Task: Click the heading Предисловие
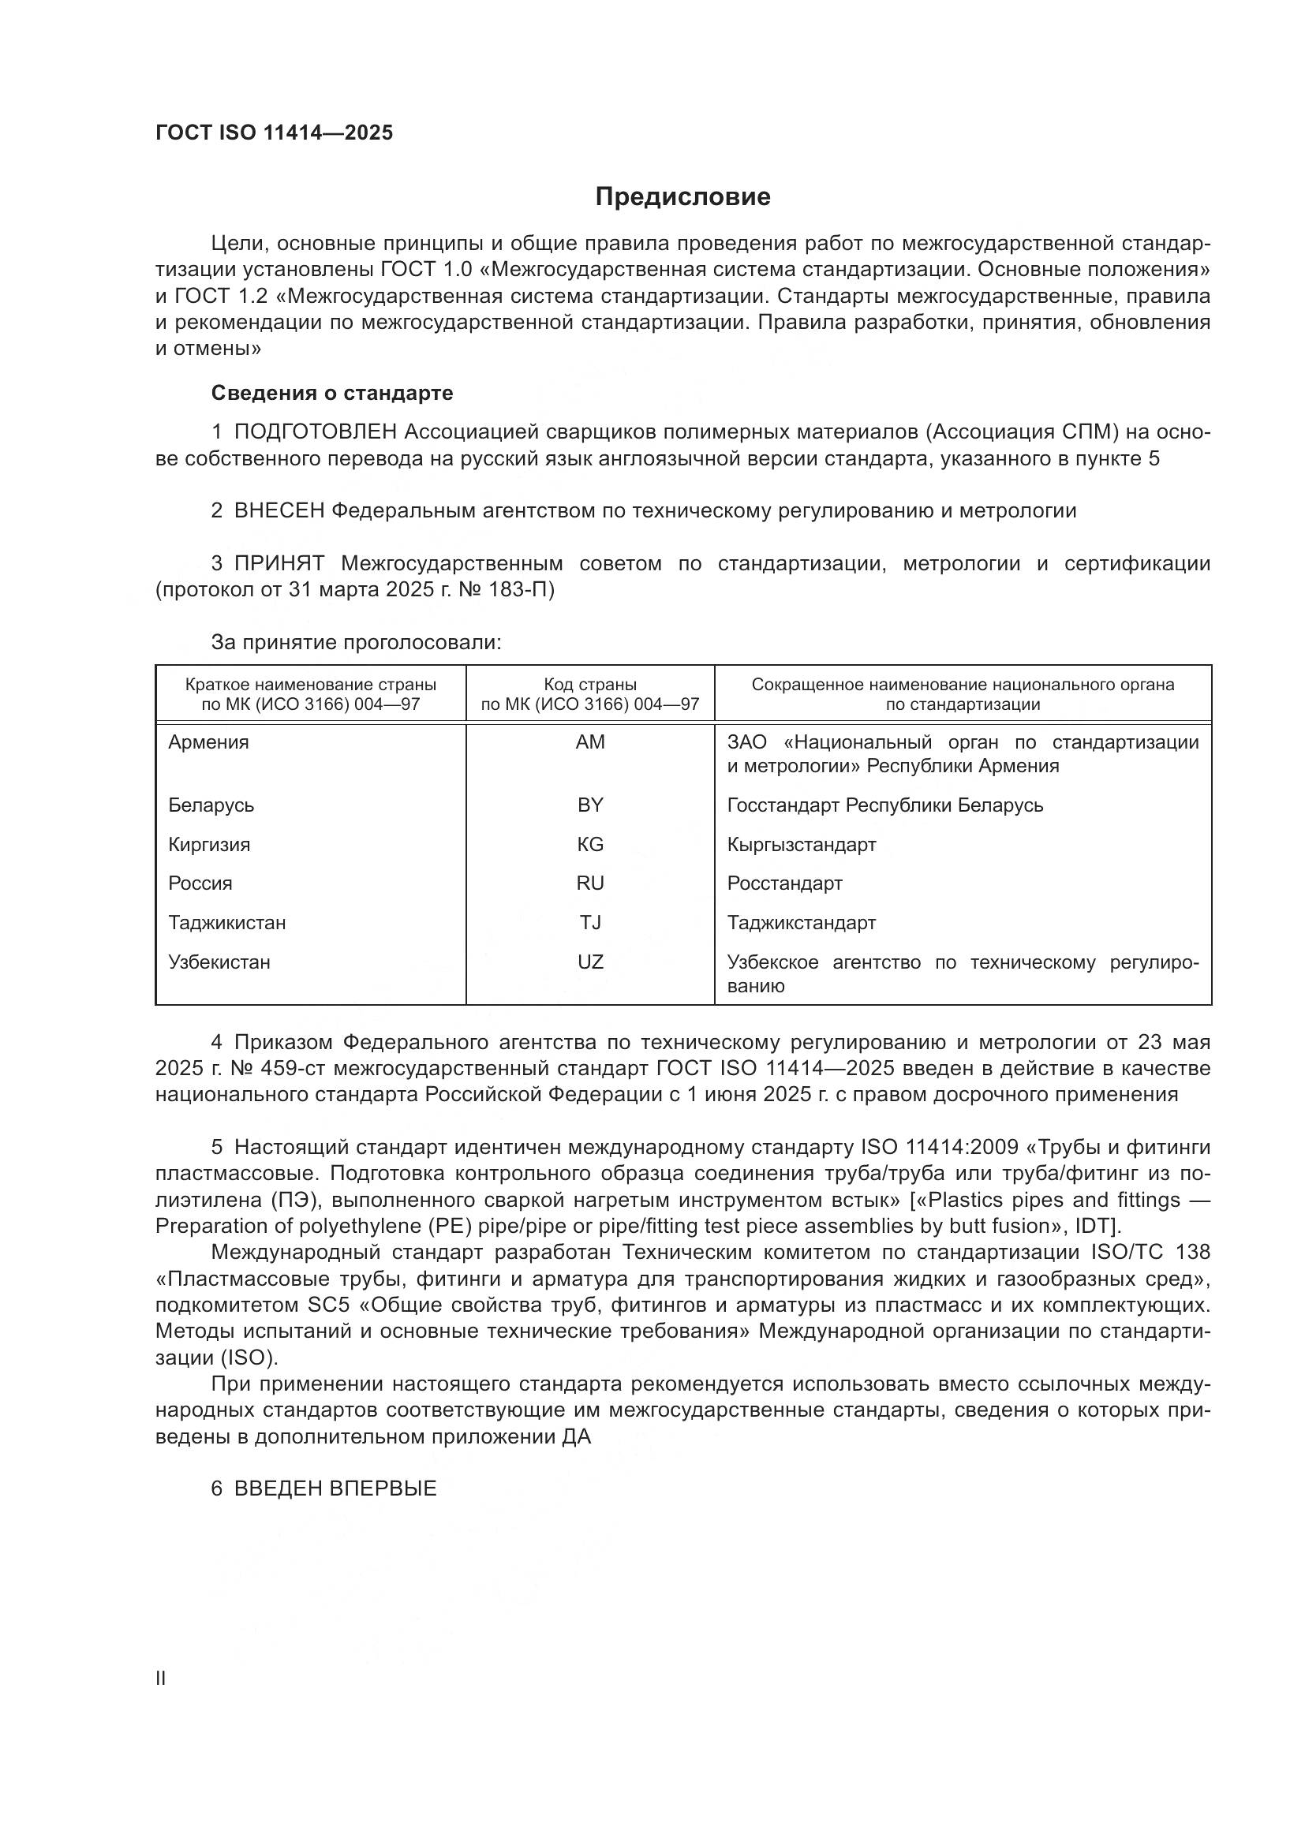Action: [682, 197]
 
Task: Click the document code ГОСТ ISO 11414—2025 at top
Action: [274, 133]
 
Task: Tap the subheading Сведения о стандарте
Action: [332, 393]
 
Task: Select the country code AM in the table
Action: [590, 742]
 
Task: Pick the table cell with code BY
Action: [590, 805]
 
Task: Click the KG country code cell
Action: [590, 845]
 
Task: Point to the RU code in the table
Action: [590, 883]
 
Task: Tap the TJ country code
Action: [590, 923]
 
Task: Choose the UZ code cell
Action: [590, 962]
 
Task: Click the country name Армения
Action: [208, 742]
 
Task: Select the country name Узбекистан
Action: [219, 962]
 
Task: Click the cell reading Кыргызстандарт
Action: [801, 845]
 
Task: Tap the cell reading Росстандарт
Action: [784, 883]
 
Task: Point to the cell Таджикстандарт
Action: [801, 923]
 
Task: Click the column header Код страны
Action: [590, 685]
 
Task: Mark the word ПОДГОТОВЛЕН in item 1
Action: [315, 432]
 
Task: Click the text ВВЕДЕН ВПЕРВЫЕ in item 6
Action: [335, 1488]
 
